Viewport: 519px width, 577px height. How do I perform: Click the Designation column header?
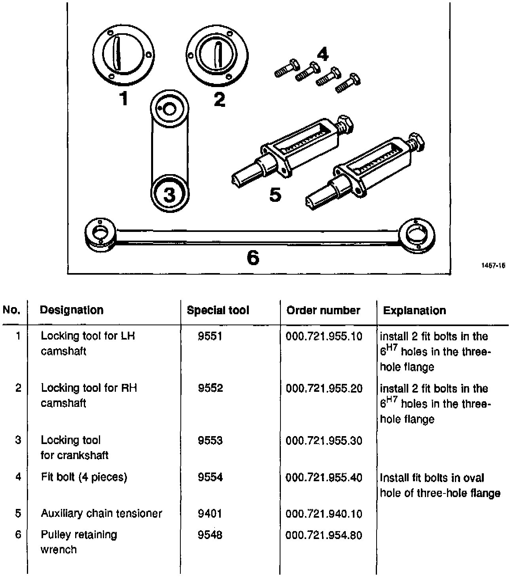click(x=72, y=310)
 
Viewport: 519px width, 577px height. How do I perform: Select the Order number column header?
click(x=323, y=310)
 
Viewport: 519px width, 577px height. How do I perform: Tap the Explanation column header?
click(x=414, y=311)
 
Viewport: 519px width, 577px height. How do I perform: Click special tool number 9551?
click(x=210, y=336)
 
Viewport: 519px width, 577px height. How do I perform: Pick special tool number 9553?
click(x=210, y=440)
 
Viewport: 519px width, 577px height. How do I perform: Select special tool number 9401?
click(x=210, y=514)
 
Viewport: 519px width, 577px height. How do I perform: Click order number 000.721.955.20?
click(x=324, y=388)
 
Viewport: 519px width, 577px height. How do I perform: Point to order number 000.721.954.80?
click(x=324, y=535)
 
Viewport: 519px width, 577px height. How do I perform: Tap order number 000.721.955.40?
click(x=324, y=477)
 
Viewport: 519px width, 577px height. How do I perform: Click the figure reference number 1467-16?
click(x=493, y=266)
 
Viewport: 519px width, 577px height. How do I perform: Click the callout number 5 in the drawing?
click(x=275, y=195)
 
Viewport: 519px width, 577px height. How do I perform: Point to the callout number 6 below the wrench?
click(x=253, y=258)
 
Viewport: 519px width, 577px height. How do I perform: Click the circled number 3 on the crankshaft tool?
click(x=169, y=195)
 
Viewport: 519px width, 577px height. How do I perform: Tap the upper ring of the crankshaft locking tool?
click(x=169, y=108)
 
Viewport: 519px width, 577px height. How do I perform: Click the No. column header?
click(x=11, y=310)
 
